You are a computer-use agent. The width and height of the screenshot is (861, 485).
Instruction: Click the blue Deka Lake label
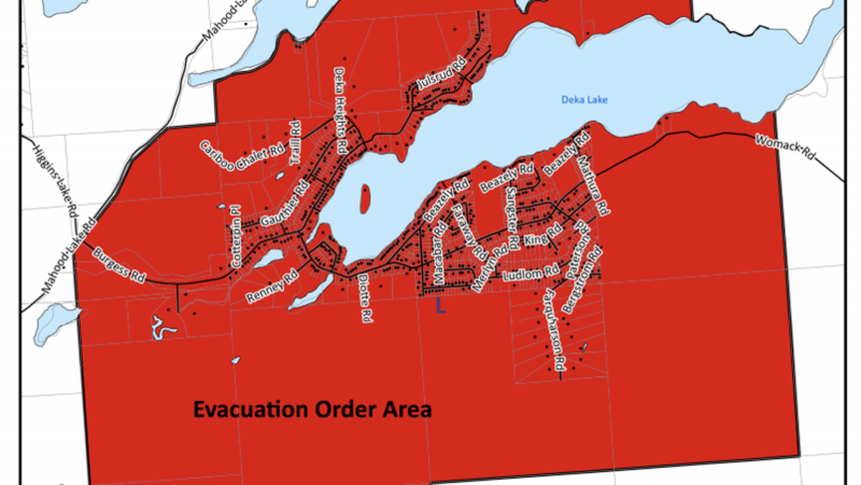point(583,100)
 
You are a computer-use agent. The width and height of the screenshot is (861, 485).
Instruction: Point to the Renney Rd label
point(272,287)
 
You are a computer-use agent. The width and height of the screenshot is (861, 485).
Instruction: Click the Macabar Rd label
point(436,257)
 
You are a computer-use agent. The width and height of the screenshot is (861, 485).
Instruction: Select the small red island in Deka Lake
point(366,198)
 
